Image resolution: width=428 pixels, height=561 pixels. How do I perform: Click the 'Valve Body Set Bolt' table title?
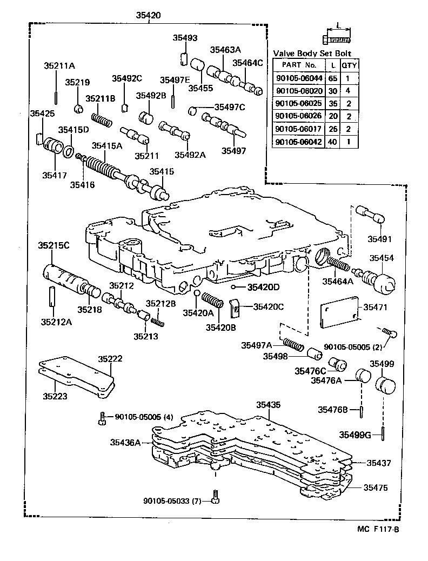312,53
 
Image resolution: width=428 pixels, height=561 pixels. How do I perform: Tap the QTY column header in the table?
350,65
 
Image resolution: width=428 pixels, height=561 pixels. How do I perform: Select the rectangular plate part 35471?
339,314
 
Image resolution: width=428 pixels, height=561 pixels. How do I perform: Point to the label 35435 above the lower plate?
268,405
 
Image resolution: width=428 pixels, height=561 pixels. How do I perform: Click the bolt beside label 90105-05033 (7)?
215,497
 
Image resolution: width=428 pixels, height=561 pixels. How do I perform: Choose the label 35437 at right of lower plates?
379,463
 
